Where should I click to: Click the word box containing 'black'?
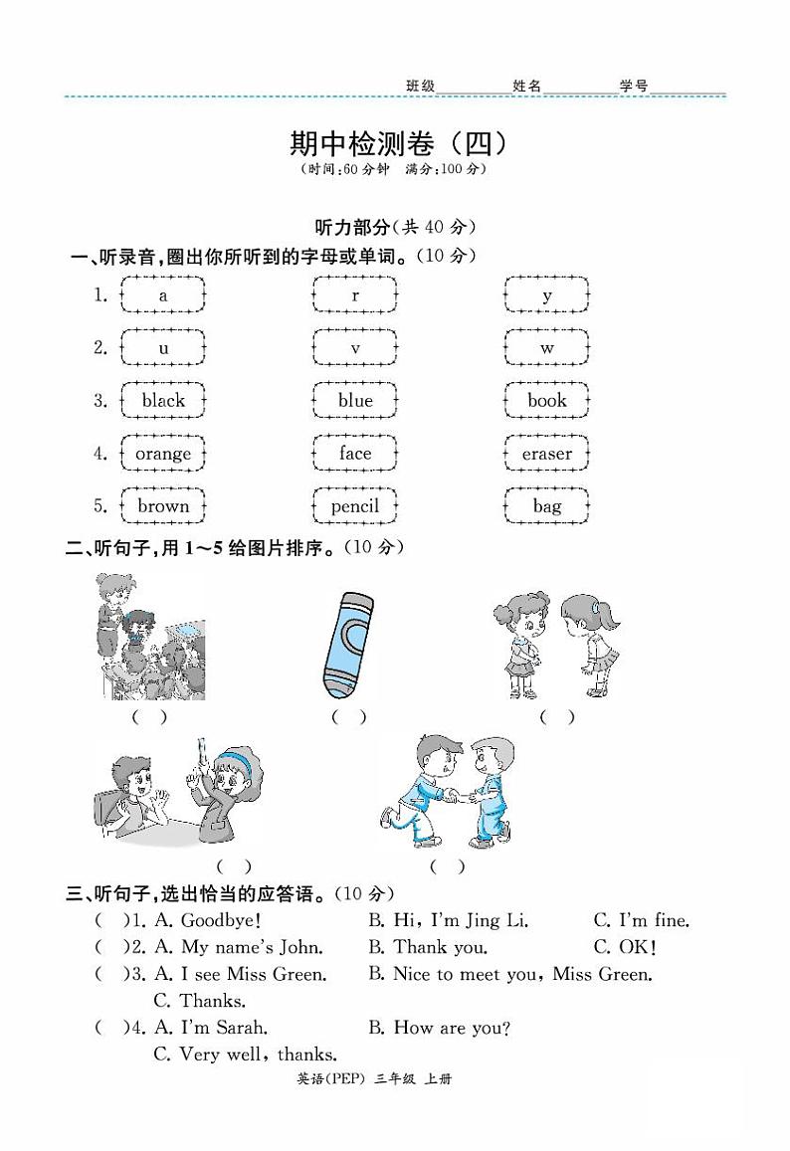163,401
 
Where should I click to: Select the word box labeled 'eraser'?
546,454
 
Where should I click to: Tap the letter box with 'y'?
546,295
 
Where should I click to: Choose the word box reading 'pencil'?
355,506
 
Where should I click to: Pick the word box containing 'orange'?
163,454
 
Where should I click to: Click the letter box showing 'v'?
355,348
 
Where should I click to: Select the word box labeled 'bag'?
546,506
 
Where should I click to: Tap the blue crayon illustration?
348,645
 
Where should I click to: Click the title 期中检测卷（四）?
398,144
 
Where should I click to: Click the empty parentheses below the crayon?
348,716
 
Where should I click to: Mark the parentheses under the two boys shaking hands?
447,866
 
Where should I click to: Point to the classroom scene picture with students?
151,637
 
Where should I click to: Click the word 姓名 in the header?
527,87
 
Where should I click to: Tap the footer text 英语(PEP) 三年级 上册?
396,1079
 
